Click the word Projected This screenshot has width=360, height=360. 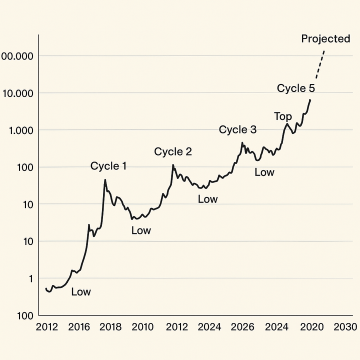325,39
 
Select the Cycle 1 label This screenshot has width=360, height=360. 108,166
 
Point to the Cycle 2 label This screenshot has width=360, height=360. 173,151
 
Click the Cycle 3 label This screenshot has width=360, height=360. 237,130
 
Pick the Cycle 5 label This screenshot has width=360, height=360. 296,88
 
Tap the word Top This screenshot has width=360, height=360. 283,116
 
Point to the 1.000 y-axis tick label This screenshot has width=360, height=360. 19,130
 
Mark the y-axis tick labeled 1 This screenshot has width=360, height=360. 30,278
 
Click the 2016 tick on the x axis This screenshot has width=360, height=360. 78,327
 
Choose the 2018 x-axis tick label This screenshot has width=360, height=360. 110,327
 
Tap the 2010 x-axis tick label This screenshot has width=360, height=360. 142,327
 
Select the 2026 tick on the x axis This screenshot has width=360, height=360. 242,327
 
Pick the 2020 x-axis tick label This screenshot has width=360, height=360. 309,327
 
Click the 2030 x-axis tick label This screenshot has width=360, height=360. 345,327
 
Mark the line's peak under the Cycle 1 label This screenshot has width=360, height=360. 105,180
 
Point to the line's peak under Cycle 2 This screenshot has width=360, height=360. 173,165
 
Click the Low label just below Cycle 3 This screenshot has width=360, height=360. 264,172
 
